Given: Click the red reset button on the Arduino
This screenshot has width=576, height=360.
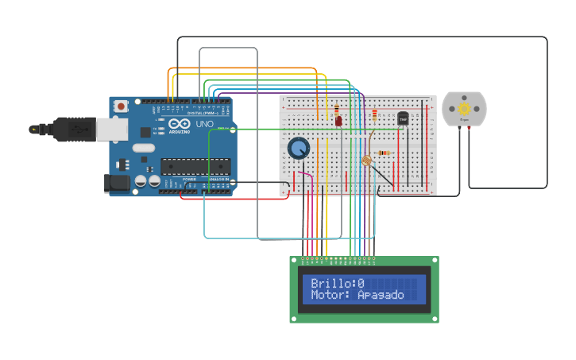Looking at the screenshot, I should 121,106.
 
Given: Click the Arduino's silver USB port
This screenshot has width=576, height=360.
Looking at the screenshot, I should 111,129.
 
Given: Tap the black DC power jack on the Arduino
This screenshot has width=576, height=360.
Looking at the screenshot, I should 117,184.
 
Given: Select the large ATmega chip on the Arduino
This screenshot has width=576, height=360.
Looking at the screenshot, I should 195,166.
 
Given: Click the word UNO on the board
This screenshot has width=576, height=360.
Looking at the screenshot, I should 204,125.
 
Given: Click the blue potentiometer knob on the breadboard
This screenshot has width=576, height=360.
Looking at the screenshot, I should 299,148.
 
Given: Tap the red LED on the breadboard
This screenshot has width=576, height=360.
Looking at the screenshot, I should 338,122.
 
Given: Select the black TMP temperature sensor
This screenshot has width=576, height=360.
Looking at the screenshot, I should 403,118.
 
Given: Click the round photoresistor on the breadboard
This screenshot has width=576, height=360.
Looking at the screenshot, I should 366,161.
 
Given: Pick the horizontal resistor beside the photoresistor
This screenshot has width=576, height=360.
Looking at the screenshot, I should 384,153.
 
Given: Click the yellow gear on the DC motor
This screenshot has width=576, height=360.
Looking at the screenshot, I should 464,108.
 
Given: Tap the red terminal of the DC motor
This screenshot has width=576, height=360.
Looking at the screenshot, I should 469,127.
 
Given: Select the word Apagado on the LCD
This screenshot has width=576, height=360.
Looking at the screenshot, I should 381,295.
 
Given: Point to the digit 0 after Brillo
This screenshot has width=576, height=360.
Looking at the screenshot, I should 361,283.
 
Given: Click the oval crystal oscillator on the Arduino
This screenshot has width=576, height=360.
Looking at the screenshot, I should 144,148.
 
